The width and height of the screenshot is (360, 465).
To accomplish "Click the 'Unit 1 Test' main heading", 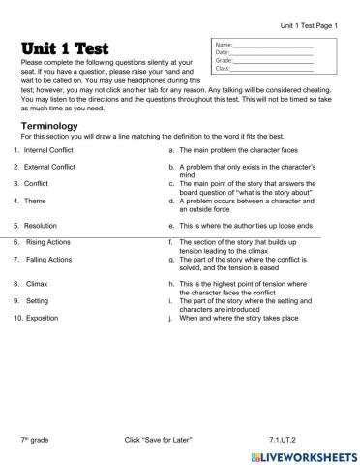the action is click(x=65, y=49).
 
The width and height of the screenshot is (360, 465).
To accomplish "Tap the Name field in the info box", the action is click(x=276, y=45).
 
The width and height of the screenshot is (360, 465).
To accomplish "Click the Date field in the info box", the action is click(x=276, y=52).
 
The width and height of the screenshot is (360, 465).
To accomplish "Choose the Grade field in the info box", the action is click(x=276, y=60).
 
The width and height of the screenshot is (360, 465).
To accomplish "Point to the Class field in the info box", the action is click(x=276, y=68).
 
